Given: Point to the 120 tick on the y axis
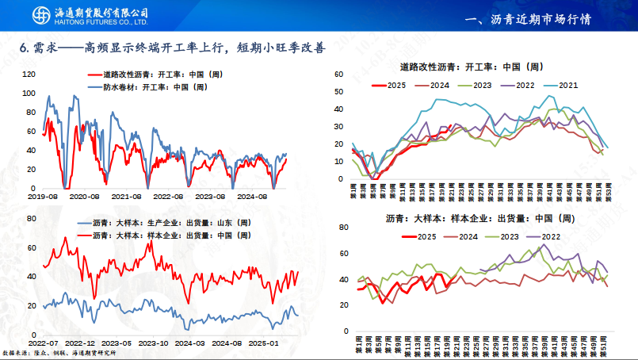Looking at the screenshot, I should coord(30,74).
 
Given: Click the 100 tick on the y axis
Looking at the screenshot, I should coord(30,93).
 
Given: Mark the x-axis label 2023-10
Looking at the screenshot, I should coord(152,343).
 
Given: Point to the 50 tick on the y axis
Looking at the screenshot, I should coord(338,91).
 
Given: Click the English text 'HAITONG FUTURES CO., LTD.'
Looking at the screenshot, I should coord(104,22).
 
